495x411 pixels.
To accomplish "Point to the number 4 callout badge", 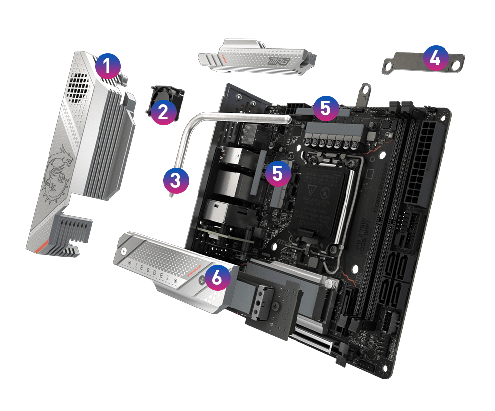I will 435,58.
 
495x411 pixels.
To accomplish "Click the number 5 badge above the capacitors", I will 325,107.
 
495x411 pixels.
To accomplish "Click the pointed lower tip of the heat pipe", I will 172,196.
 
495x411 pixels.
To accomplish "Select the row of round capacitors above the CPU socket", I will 331,144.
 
